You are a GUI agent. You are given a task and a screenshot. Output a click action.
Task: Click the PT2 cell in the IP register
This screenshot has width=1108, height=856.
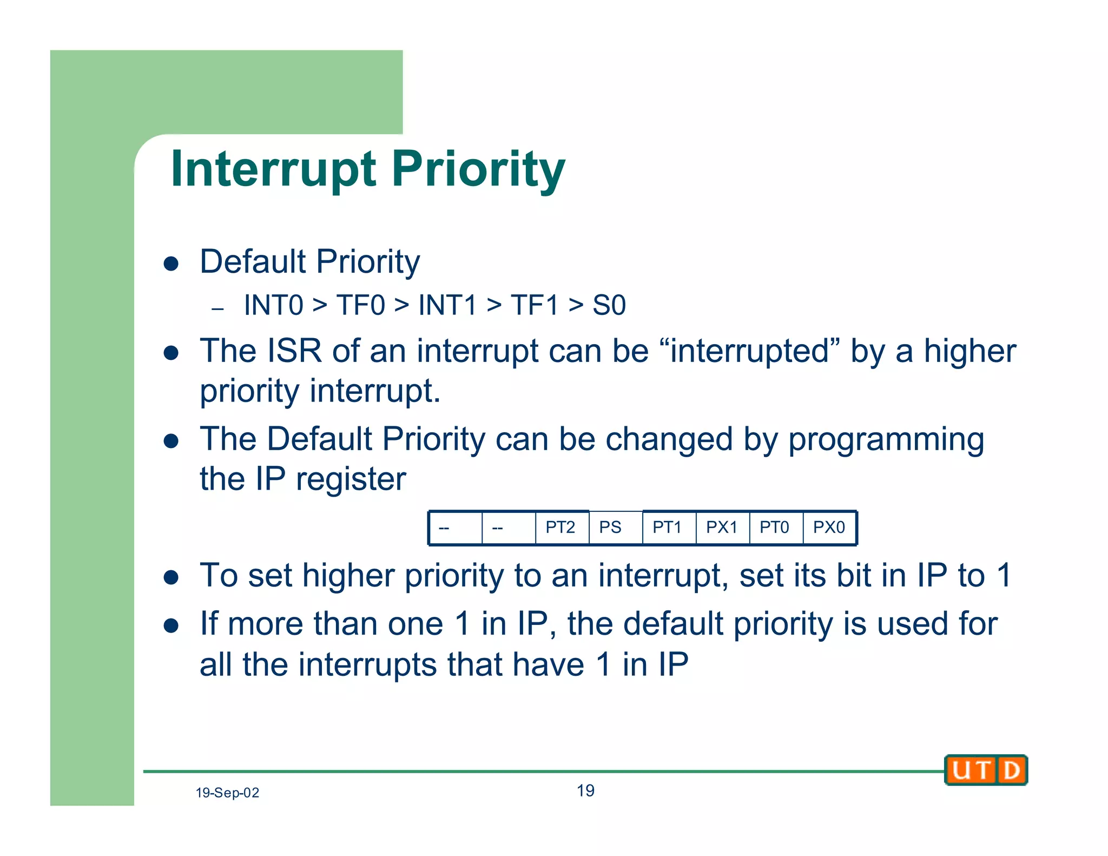[x=561, y=528]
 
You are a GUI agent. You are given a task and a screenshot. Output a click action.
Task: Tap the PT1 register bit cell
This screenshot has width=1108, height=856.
[x=668, y=528]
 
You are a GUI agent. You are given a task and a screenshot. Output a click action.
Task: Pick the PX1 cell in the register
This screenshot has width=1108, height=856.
[x=722, y=528]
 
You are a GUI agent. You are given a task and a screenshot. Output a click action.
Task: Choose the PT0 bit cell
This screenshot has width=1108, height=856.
[x=775, y=528]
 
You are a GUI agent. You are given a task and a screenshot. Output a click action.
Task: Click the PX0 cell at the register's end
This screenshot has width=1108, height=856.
[x=829, y=528]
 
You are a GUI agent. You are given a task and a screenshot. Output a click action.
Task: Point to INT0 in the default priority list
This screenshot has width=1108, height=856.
[x=273, y=305]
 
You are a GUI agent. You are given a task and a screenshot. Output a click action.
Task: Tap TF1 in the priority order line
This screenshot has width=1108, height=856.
[x=535, y=305]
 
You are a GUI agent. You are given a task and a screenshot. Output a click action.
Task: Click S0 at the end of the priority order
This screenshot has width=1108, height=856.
[x=609, y=305]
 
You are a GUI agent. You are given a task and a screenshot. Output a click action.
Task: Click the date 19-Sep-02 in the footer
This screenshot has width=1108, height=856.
[x=227, y=793]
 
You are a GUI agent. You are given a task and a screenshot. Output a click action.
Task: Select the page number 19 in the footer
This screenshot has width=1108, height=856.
[x=585, y=791]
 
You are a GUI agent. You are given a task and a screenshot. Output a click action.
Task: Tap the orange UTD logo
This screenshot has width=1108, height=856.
[x=986, y=770]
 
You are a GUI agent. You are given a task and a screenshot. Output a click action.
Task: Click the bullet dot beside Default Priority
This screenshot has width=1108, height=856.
[x=172, y=264]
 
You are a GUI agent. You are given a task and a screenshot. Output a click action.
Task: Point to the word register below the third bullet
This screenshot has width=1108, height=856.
[x=351, y=479]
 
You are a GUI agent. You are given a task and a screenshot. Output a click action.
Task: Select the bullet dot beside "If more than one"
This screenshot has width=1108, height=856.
[x=172, y=626]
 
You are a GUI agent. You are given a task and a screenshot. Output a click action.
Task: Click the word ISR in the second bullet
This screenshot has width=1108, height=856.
[x=294, y=351]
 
